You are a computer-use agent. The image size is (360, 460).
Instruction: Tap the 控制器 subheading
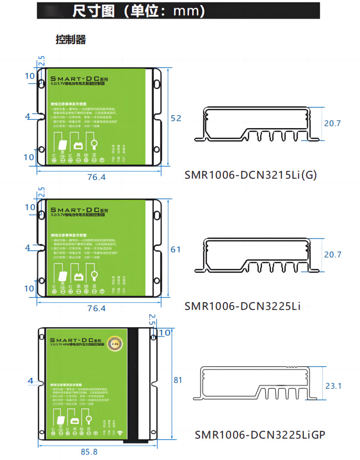(x=71, y=39)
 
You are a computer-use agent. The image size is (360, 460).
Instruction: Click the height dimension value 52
(x=176, y=118)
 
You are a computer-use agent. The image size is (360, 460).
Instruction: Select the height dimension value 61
(x=176, y=249)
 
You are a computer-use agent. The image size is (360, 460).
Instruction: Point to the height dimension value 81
(x=177, y=380)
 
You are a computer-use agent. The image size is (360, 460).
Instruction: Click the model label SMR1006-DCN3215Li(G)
(x=250, y=175)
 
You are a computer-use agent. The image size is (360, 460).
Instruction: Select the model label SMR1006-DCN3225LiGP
(x=260, y=435)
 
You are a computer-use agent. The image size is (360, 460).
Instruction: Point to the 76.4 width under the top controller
(x=96, y=177)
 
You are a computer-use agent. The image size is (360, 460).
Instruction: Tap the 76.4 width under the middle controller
(x=96, y=308)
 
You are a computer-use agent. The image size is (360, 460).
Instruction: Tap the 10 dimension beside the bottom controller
(x=164, y=333)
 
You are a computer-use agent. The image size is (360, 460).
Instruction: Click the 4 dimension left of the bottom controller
(x=31, y=381)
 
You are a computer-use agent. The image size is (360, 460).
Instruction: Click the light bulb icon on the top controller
(x=94, y=144)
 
